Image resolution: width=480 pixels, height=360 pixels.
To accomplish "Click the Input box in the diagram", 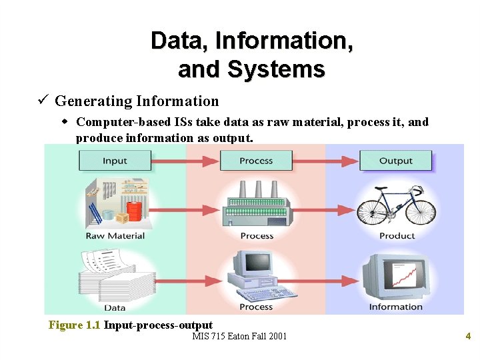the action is point(115,161).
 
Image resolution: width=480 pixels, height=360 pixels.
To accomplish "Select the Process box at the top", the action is point(256,161).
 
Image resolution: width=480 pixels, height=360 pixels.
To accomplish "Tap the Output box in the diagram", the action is point(395,161).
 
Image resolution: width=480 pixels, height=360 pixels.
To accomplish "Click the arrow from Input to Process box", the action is point(185,161).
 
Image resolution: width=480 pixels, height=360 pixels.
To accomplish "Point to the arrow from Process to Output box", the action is point(326,161).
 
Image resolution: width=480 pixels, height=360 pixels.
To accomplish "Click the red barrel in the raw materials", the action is point(134,211).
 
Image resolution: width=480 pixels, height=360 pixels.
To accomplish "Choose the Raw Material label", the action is point(115,236).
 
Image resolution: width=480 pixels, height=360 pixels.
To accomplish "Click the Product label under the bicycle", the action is point(397,236).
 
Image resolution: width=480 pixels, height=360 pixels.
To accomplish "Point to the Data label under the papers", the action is point(115,307).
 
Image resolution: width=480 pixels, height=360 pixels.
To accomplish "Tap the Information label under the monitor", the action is point(396,307).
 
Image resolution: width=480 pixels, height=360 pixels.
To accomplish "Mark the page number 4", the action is point(468,336).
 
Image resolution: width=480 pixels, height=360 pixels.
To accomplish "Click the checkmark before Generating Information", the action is point(41,101).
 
